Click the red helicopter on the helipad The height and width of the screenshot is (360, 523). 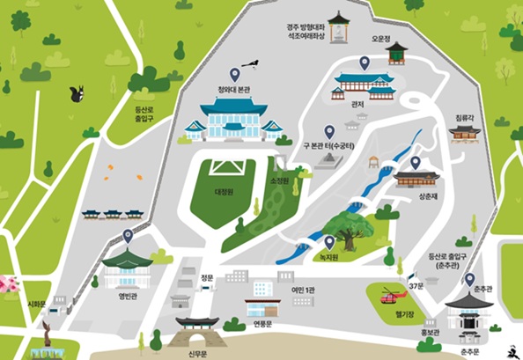pyautogui.click(x=388, y=295)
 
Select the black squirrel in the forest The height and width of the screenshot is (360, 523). pyautogui.click(x=77, y=92)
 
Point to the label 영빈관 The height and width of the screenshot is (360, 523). pyautogui.click(x=129, y=296)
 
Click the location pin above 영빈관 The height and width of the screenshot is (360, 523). pyautogui.click(x=128, y=236)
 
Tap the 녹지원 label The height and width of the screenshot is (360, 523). pyautogui.click(x=328, y=257)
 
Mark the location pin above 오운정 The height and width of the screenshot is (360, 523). pyautogui.click(x=364, y=62)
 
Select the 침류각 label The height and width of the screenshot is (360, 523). pyautogui.click(x=465, y=116)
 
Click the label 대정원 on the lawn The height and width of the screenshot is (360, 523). pyautogui.click(x=223, y=191)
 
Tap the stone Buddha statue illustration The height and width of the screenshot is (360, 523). pyautogui.click(x=339, y=28)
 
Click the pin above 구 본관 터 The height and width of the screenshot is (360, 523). pyautogui.click(x=329, y=131)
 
